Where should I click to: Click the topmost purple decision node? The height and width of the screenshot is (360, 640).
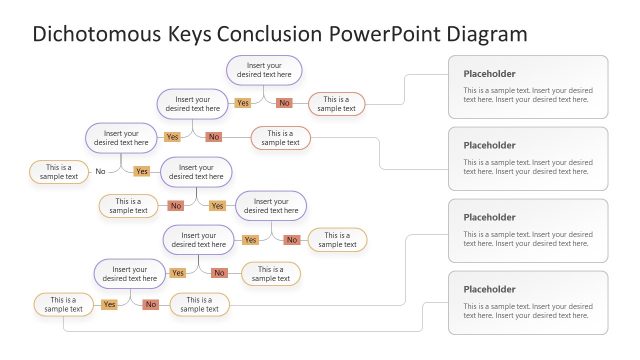point(264,70)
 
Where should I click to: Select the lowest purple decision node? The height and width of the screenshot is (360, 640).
point(130,273)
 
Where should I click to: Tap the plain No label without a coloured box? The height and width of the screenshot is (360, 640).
point(100,172)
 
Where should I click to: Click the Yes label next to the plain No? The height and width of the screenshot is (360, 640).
point(141,172)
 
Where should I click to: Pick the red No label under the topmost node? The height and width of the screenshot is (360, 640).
point(284,103)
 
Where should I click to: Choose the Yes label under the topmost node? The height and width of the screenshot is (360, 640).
point(243,103)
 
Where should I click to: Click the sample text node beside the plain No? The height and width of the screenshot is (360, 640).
point(58,172)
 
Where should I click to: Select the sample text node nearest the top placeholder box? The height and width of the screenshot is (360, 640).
point(336,104)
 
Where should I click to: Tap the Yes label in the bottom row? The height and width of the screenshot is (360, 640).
point(109,304)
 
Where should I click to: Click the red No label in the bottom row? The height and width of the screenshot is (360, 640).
point(150,304)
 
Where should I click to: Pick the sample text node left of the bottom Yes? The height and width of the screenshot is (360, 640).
point(63,304)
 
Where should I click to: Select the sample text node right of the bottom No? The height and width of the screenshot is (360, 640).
point(199,304)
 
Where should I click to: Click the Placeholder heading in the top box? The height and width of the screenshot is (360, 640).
point(489,74)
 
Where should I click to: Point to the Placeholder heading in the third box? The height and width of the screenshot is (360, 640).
point(489,217)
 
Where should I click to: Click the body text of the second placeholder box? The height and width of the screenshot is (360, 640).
point(527,167)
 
